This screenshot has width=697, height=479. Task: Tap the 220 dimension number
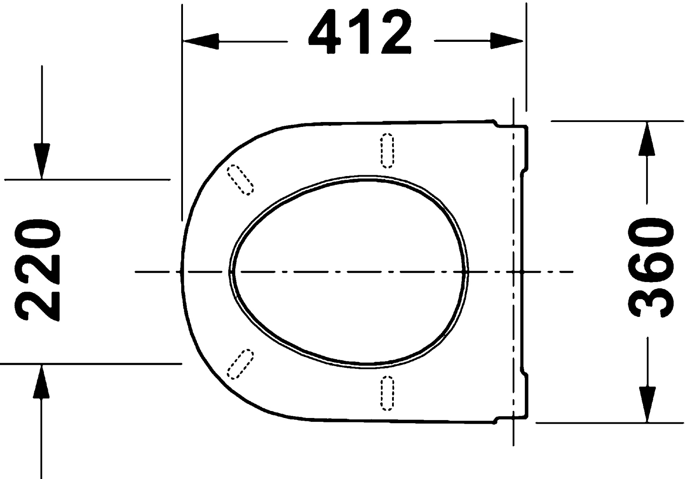(37, 270)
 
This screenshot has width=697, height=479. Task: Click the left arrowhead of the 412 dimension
(201, 41)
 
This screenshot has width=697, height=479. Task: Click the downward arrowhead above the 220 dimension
(42, 161)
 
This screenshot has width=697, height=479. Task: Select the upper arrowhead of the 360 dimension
(646, 139)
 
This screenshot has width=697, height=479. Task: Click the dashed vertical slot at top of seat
(387, 151)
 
